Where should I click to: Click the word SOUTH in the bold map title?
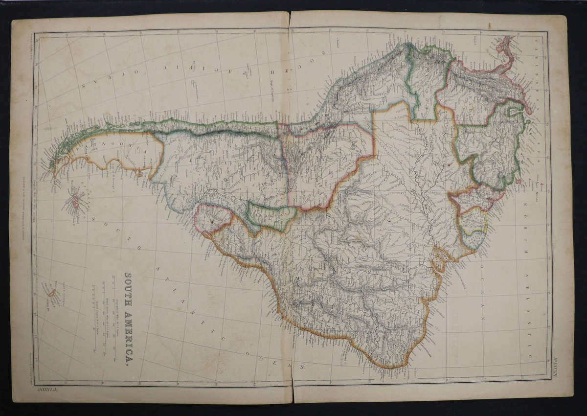(128, 289)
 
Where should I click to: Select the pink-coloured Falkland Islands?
(75, 200)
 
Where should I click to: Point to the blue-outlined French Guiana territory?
(474, 240)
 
